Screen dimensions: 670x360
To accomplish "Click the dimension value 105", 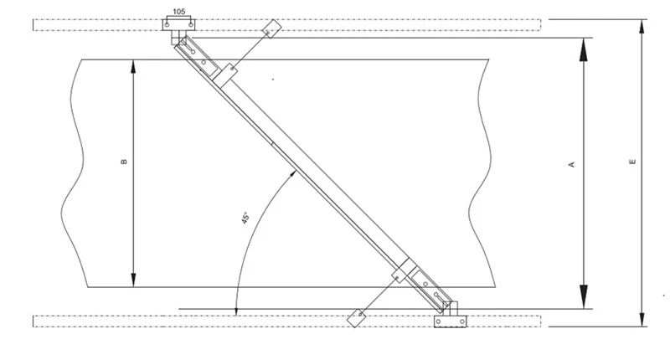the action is [x=179, y=12].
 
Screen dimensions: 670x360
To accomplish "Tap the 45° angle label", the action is [x=245, y=218].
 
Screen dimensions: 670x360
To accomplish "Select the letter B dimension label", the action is [x=124, y=162].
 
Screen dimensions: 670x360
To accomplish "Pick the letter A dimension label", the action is [x=572, y=164].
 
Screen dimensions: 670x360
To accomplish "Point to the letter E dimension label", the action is [x=633, y=162].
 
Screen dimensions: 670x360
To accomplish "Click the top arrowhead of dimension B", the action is [x=134, y=67].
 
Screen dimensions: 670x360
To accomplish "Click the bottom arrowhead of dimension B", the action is [x=134, y=280].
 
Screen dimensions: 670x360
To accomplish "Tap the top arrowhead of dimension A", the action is [x=584, y=49].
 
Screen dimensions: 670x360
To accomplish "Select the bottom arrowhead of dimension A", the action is [x=584, y=297].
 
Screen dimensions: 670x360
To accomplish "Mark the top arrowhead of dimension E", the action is [x=642, y=27].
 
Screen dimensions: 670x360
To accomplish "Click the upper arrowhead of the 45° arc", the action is [x=292, y=174].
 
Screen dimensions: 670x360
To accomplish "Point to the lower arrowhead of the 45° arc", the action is [x=236, y=312].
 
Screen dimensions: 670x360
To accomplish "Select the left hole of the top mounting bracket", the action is [x=167, y=25].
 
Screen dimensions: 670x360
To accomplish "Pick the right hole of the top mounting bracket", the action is [x=191, y=25].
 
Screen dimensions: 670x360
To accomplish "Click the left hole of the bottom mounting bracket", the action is [x=438, y=321].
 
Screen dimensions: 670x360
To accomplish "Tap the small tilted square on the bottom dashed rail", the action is [x=357, y=318].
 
